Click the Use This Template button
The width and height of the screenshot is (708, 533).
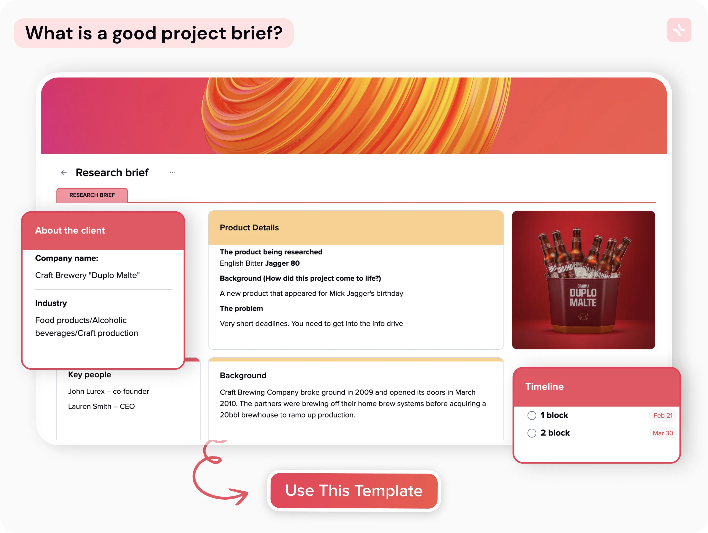[x=354, y=490]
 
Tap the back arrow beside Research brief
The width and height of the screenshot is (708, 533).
[x=64, y=173]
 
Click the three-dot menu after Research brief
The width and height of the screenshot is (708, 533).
[x=172, y=173]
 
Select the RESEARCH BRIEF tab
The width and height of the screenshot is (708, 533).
[x=92, y=195]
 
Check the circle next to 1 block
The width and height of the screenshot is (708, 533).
[x=532, y=415]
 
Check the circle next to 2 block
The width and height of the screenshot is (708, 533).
[x=532, y=433]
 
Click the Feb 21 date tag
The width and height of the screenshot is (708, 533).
[x=663, y=415]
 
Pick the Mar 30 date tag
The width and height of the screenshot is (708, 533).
[x=663, y=433]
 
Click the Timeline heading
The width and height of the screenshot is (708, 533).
[x=544, y=387]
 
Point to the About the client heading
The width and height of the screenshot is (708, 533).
[x=70, y=230]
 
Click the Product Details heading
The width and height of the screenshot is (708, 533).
[x=249, y=227]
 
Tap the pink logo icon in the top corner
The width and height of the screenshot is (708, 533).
[x=679, y=30]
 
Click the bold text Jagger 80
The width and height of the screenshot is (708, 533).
[x=282, y=263]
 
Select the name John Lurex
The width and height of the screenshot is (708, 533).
[x=86, y=391]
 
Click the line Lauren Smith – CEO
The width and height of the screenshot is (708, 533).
[x=101, y=406]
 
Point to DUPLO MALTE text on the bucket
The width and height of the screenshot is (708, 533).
[x=583, y=298]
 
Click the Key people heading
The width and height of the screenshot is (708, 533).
[x=90, y=375]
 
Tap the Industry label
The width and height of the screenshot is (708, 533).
[x=51, y=303]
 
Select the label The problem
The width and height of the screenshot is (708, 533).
[x=241, y=308]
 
